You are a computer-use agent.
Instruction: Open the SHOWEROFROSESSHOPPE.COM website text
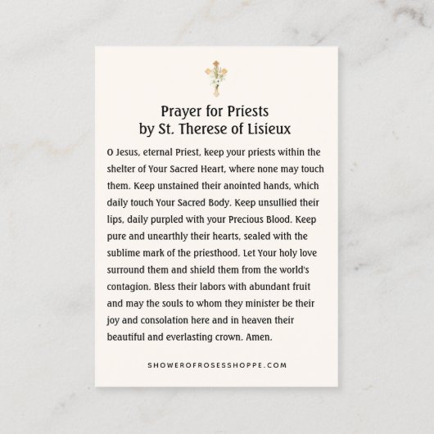pyautogui.click(x=216, y=365)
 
